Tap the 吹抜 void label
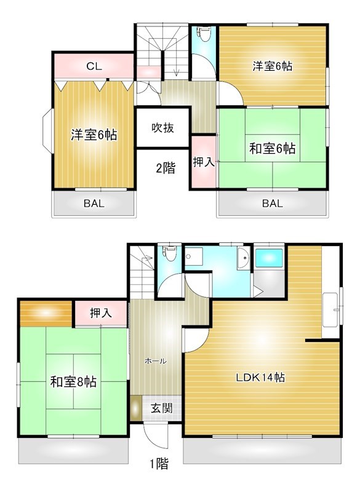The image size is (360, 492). pos(163,128)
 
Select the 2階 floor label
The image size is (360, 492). pos(165,167)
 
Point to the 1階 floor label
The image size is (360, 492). pos(158,464)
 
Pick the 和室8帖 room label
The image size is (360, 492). pos(73,381)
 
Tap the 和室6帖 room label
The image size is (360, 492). pos(273,148)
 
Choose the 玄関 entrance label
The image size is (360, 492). pos(162,407)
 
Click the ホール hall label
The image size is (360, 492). pos(155,361)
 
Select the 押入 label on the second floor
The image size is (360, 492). pos(204,162)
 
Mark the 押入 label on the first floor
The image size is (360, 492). pos(102,313)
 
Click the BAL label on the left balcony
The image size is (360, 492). pos(93,204)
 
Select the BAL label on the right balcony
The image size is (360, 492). pos(272,204)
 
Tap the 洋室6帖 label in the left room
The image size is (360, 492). pos(94,135)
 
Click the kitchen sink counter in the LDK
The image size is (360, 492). pos(331,311)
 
